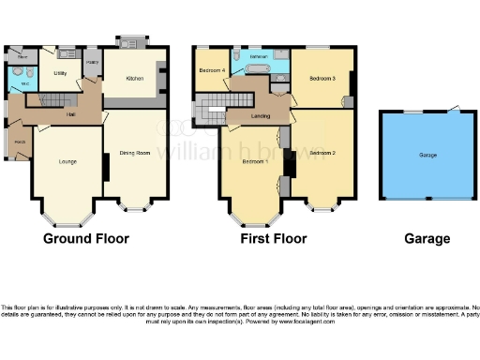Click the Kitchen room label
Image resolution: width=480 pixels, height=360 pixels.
pyautogui.click(x=135, y=80)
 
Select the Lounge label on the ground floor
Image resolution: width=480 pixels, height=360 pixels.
pyautogui.click(x=67, y=162)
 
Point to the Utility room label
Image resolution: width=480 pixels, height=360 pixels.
pyautogui.click(x=60, y=72)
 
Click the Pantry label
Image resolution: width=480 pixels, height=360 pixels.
pyautogui.click(x=92, y=62)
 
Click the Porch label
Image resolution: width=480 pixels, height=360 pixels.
pyautogui.click(x=20, y=142)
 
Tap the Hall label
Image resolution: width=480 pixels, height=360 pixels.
pyautogui.click(x=70, y=113)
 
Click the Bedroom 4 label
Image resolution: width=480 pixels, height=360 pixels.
pyautogui.click(x=212, y=70)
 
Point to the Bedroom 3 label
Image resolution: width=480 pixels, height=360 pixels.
pyautogui.click(x=322, y=79)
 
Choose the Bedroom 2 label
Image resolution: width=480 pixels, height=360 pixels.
pyautogui.click(x=322, y=152)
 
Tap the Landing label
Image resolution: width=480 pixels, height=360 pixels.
pyautogui.click(x=262, y=115)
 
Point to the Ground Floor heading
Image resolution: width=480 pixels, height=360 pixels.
pyautogui.click(x=86, y=238)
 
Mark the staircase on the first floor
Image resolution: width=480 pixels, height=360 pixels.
pyautogui.click(x=209, y=114)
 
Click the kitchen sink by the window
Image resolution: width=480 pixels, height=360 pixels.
pyautogui.click(x=128, y=44)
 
